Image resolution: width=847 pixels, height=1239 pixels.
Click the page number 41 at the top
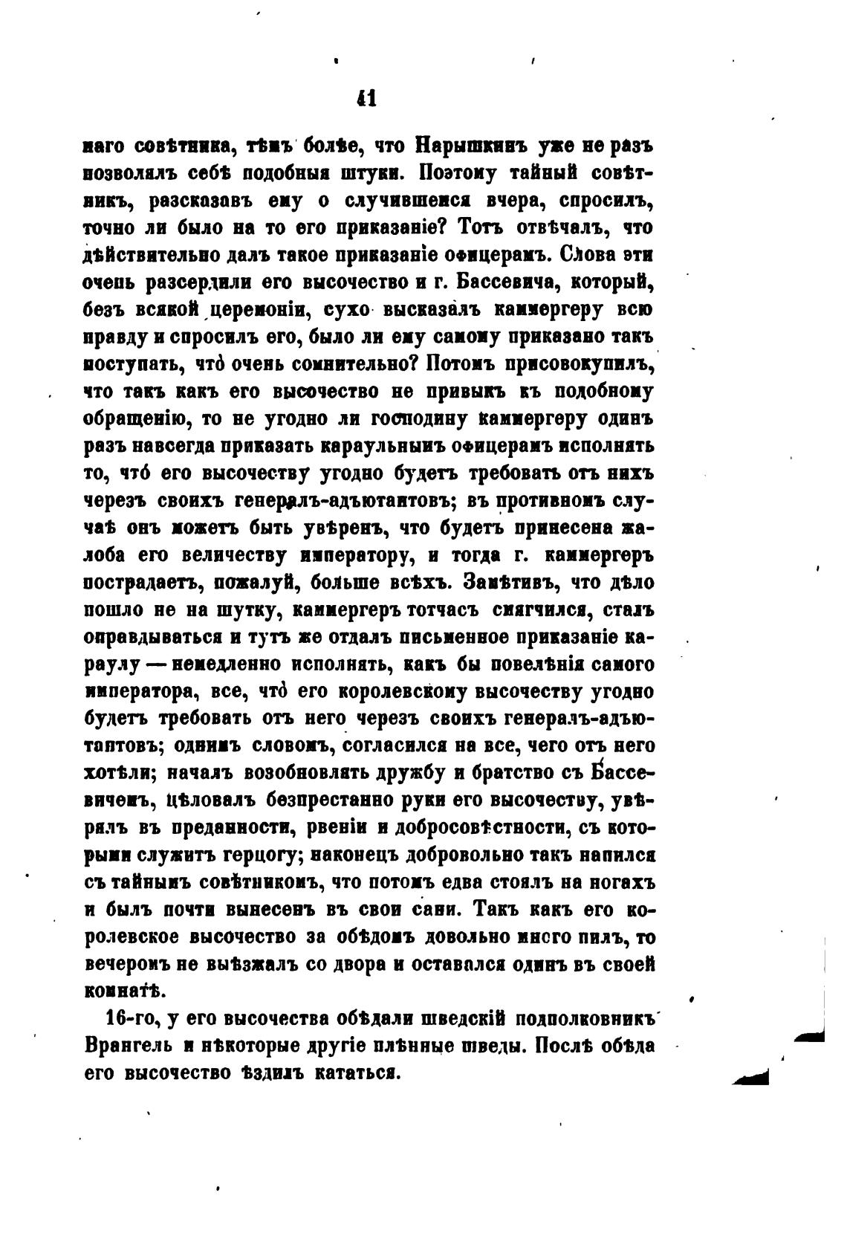click(366, 98)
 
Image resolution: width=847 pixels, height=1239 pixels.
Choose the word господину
click(418, 419)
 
